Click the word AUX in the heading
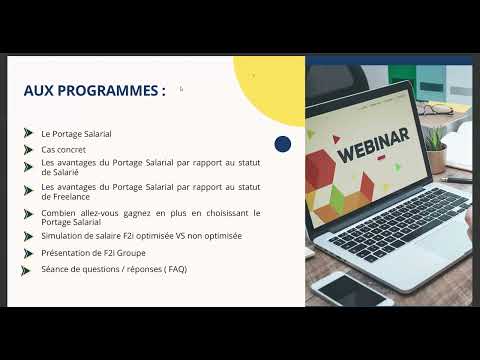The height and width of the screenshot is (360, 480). point(38,91)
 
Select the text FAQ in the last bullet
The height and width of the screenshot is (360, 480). point(176,269)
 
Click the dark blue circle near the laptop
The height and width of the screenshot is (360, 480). point(282,144)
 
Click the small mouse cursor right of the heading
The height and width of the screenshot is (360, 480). point(181,89)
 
